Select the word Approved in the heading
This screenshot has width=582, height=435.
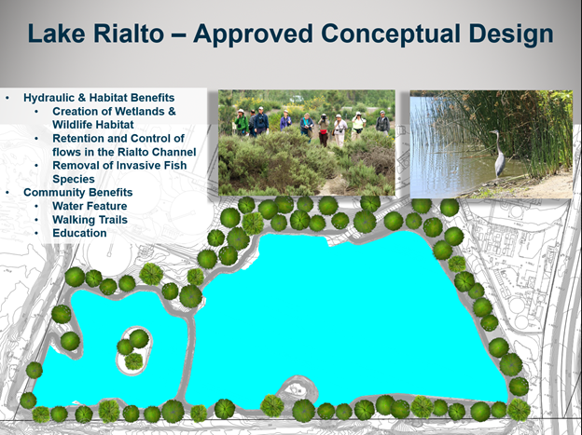pyautogui.click(x=253, y=34)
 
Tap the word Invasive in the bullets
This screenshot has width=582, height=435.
pyautogui.click(x=141, y=166)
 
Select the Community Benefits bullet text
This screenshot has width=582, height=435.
pyautogui.click(x=78, y=193)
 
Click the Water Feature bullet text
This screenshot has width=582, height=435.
pyautogui.click(x=90, y=206)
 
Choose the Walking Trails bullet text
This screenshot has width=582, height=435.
pyautogui.click(x=90, y=220)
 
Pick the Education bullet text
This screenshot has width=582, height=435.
pyautogui.click(x=79, y=233)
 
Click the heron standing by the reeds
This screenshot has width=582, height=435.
pyautogui.click(x=497, y=153)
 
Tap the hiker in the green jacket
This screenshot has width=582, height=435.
pyautogui.click(x=241, y=122)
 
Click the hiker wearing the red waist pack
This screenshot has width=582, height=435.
pyautogui.click(x=324, y=129)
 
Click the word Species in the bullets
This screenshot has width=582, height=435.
pyautogui.click(x=74, y=179)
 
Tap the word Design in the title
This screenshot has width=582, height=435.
pyautogui.click(x=506, y=34)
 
